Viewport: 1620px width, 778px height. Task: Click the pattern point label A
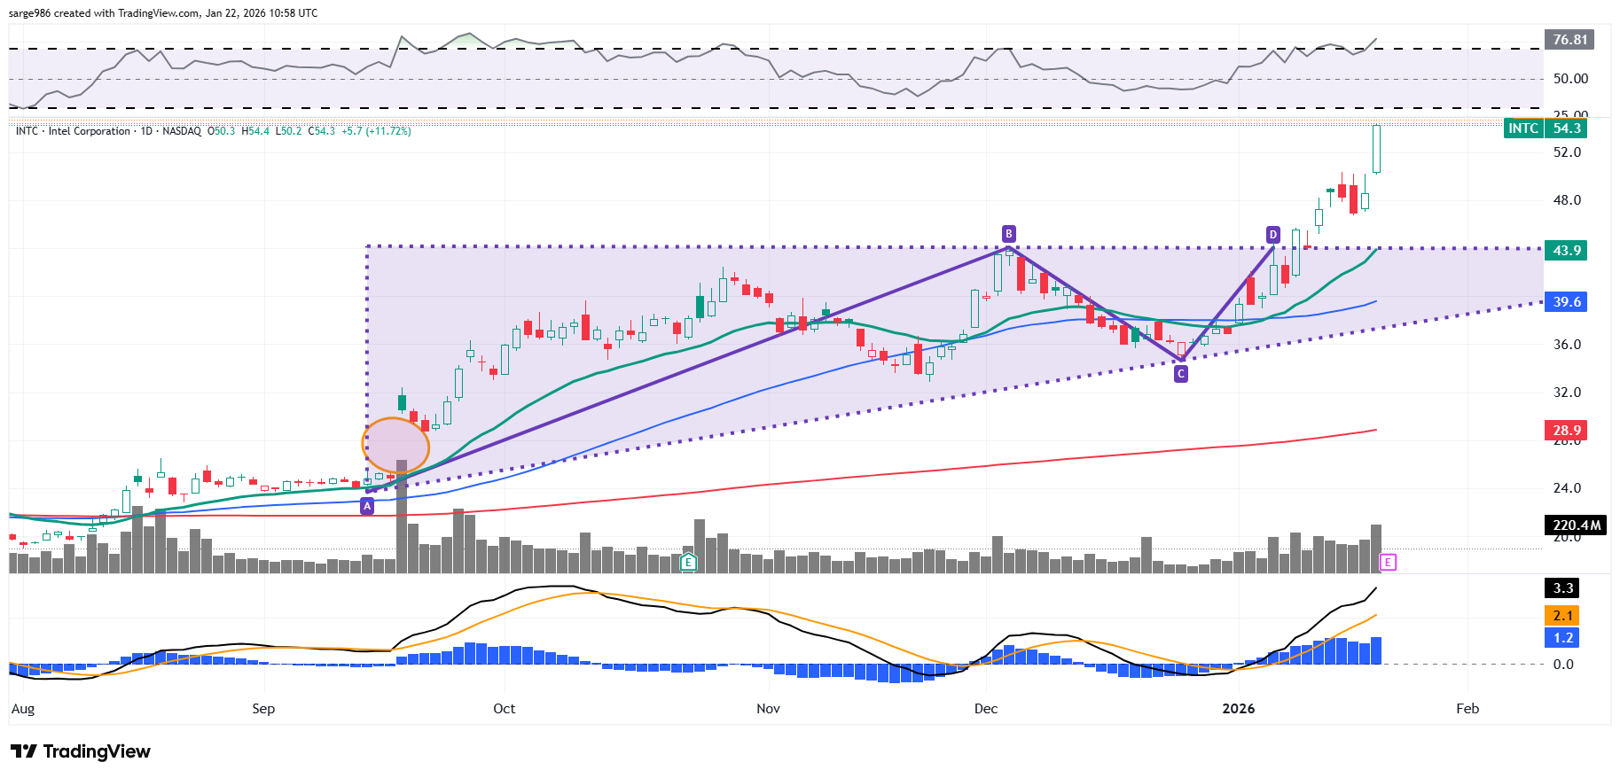[367, 506]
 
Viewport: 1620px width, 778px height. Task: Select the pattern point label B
[1008, 234]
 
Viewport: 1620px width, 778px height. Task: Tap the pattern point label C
[1180, 374]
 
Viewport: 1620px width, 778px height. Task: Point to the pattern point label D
[1272, 235]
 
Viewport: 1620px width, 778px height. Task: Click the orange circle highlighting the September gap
[395, 445]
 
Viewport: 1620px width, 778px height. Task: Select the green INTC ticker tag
[1523, 128]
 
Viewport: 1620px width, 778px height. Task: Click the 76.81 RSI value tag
[1569, 40]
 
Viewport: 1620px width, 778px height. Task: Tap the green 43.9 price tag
[1566, 251]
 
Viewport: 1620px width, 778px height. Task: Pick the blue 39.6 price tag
[1566, 302]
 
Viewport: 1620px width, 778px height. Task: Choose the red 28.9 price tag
[1566, 431]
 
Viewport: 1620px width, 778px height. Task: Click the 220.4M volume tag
[1577, 525]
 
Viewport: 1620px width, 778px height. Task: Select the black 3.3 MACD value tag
[1562, 588]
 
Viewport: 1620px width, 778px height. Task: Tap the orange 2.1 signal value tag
[1562, 616]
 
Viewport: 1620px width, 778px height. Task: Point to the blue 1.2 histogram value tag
[1562, 638]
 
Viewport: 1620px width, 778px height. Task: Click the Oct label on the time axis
[504, 709]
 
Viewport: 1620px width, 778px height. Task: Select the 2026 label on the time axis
[1238, 709]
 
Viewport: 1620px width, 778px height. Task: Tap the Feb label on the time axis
[1467, 709]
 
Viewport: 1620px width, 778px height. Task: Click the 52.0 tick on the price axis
[1567, 152]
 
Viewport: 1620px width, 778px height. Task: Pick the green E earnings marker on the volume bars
[688, 562]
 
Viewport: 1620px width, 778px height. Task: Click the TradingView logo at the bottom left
[81, 751]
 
